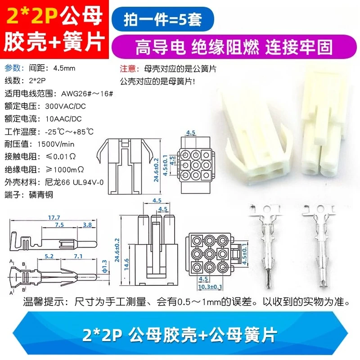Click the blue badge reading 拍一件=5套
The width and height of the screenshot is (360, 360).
(x=162, y=19)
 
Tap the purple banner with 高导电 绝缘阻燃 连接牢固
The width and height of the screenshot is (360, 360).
(x=234, y=47)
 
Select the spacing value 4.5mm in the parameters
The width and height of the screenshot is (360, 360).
(x=64, y=68)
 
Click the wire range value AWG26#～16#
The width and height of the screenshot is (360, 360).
(x=87, y=94)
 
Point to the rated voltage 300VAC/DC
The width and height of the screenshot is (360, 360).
(x=65, y=106)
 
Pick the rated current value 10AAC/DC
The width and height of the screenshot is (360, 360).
(x=63, y=119)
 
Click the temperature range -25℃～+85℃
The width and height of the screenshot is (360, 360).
(x=69, y=132)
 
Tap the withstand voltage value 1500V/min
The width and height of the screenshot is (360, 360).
(x=56, y=144)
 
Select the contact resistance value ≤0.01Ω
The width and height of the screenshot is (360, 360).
(x=61, y=157)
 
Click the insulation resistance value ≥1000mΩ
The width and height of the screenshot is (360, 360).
(x=65, y=170)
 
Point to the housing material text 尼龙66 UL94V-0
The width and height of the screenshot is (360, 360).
(x=74, y=182)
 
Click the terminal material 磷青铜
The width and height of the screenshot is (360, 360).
(x=41, y=195)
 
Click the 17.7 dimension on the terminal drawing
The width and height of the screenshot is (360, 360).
(x=54, y=217)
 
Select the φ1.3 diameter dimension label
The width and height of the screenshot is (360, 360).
(x=104, y=266)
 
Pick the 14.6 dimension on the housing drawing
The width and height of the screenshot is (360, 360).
(x=126, y=265)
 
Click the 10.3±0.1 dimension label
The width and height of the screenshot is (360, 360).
(x=210, y=287)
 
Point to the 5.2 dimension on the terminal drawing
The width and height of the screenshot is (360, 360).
(x=49, y=256)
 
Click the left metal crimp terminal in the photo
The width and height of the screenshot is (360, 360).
(x=267, y=246)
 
